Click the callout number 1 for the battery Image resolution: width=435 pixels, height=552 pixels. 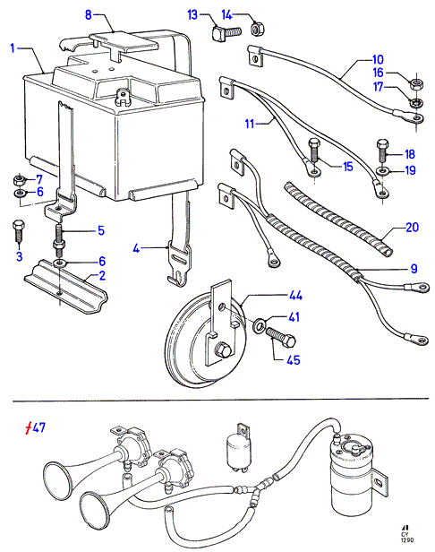pyautogui.click(x=13, y=48)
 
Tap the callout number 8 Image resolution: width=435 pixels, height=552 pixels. pyautogui.click(x=89, y=14)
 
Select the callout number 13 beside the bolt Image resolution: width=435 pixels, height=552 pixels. pyautogui.click(x=192, y=15)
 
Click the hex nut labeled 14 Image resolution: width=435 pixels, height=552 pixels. pyautogui.click(x=258, y=28)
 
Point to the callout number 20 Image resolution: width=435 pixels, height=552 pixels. pyautogui.click(x=412, y=228)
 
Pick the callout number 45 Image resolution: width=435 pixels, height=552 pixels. pyautogui.click(x=294, y=360)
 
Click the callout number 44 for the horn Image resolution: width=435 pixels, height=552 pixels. pyautogui.click(x=295, y=296)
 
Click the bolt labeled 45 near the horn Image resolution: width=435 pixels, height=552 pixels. pyautogui.click(x=281, y=337)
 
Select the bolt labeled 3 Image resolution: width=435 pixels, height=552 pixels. pyautogui.click(x=18, y=231)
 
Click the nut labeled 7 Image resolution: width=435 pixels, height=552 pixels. pyautogui.click(x=18, y=181)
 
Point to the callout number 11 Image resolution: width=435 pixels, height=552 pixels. pyautogui.click(x=250, y=124)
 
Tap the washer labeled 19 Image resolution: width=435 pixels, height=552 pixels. pyautogui.click(x=382, y=171)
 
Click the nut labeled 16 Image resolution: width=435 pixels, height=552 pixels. pyautogui.click(x=417, y=84)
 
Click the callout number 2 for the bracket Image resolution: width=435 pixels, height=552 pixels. pyautogui.click(x=102, y=275)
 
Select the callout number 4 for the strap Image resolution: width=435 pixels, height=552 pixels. pyautogui.click(x=136, y=248)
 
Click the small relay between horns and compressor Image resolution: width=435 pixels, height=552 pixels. pyautogui.click(x=238, y=445)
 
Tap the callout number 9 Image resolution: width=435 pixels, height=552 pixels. pyautogui.click(x=414, y=269)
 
